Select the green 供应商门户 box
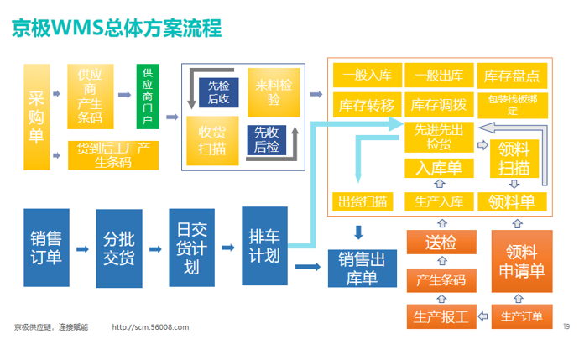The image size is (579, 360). click(x=148, y=97)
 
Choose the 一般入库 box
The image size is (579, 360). click(x=368, y=75)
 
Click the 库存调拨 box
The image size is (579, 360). click(x=439, y=106)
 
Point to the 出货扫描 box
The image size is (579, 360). click(x=362, y=201)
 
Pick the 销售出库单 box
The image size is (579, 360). click(x=361, y=267)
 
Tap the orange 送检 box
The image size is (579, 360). click(x=441, y=243)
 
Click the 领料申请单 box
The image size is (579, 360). click(x=522, y=261)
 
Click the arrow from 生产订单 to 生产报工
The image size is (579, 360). click(x=483, y=316)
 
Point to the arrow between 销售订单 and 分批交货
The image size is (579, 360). click(x=81, y=248)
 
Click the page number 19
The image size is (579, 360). click(x=566, y=326)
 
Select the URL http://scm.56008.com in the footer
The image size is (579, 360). click(x=151, y=327)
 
